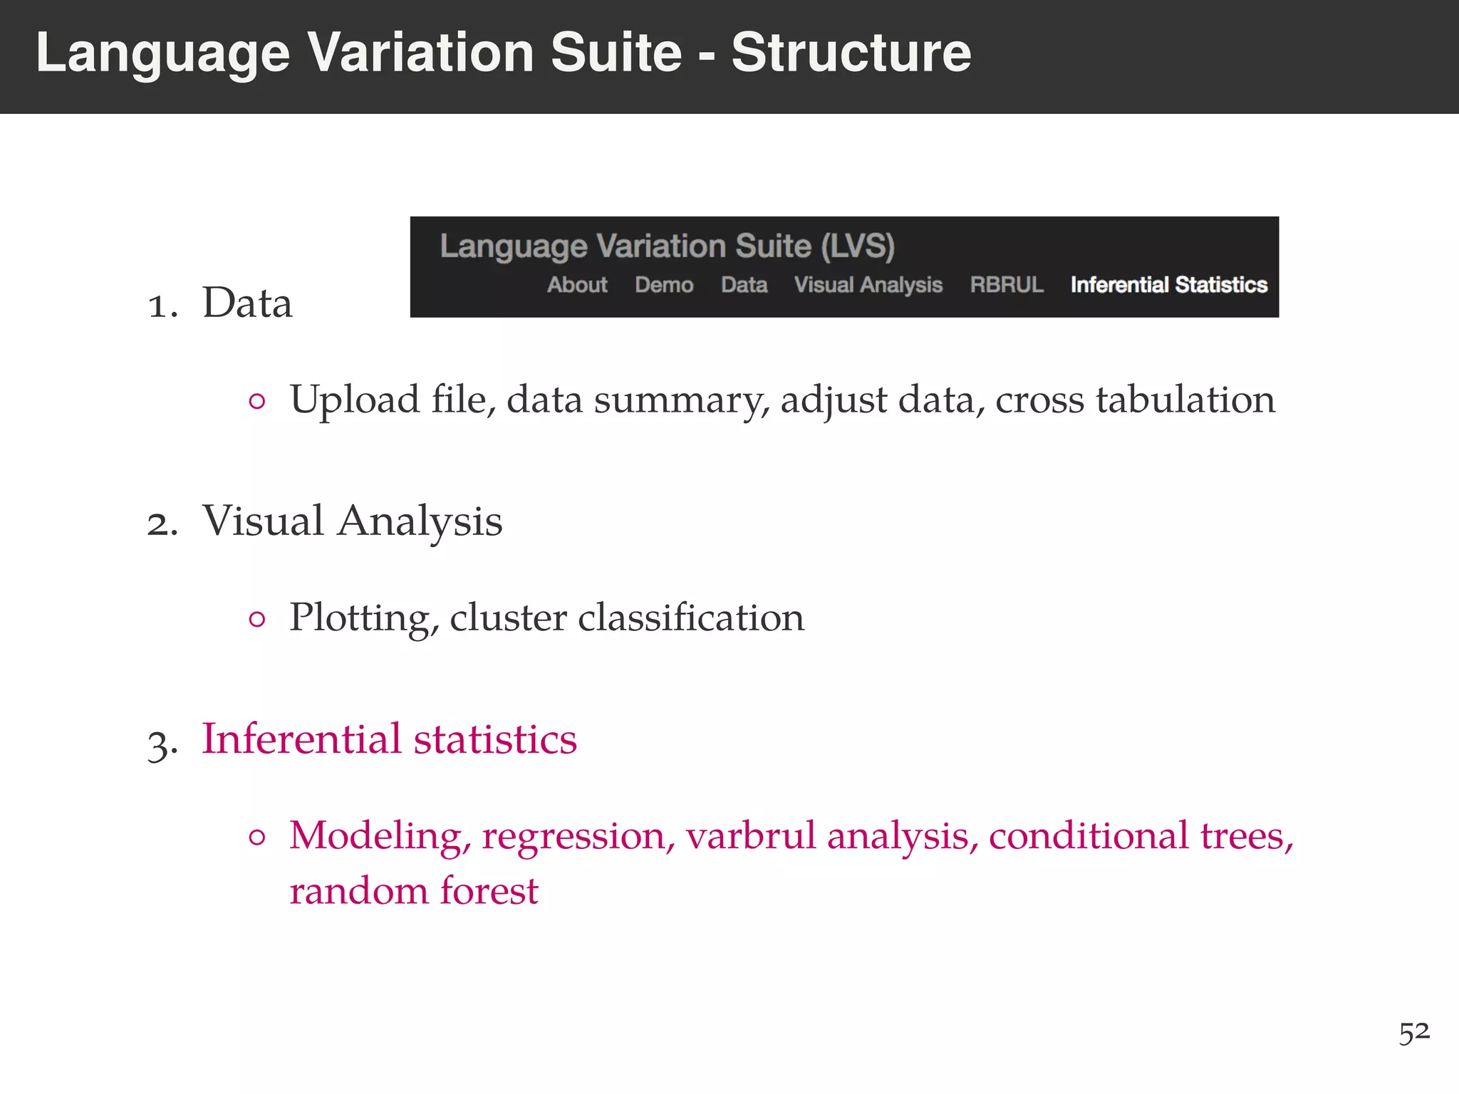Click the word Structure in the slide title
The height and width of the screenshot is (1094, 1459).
coord(851,53)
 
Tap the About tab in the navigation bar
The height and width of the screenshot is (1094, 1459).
coord(577,285)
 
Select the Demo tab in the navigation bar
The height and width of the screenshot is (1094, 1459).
coord(664,285)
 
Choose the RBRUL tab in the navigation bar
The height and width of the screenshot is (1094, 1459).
coord(1006,285)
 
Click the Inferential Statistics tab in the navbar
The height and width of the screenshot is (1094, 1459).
coord(1168,285)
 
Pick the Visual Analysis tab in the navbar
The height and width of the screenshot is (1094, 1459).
coord(868,285)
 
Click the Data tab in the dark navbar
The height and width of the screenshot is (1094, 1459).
coord(744,285)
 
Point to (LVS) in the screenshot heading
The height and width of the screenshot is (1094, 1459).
coord(857,246)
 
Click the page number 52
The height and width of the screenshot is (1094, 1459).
coord(1413,1032)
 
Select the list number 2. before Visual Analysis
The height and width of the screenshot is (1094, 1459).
coord(162,524)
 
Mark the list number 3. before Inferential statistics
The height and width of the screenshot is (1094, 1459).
coord(162,744)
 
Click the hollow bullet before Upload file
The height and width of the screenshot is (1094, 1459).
coord(257,401)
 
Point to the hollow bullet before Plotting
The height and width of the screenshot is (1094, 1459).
coord(257,619)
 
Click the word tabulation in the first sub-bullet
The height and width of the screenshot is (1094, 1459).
coord(1185,399)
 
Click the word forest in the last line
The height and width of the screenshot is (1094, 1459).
coord(489,890)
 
